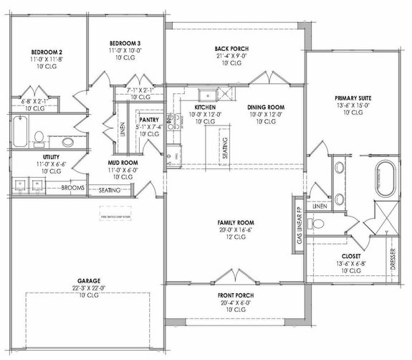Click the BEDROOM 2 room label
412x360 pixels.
pyautogui.click(x=47, y=53)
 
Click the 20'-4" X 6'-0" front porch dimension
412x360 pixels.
pyautogui.click(x=236, y=303)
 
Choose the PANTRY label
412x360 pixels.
pyautogui.click(x=148, y=120)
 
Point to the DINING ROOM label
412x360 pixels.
pyautogui.click(x=267, y=107)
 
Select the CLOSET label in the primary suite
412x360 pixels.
pyautogui.click(x=351, y=255)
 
